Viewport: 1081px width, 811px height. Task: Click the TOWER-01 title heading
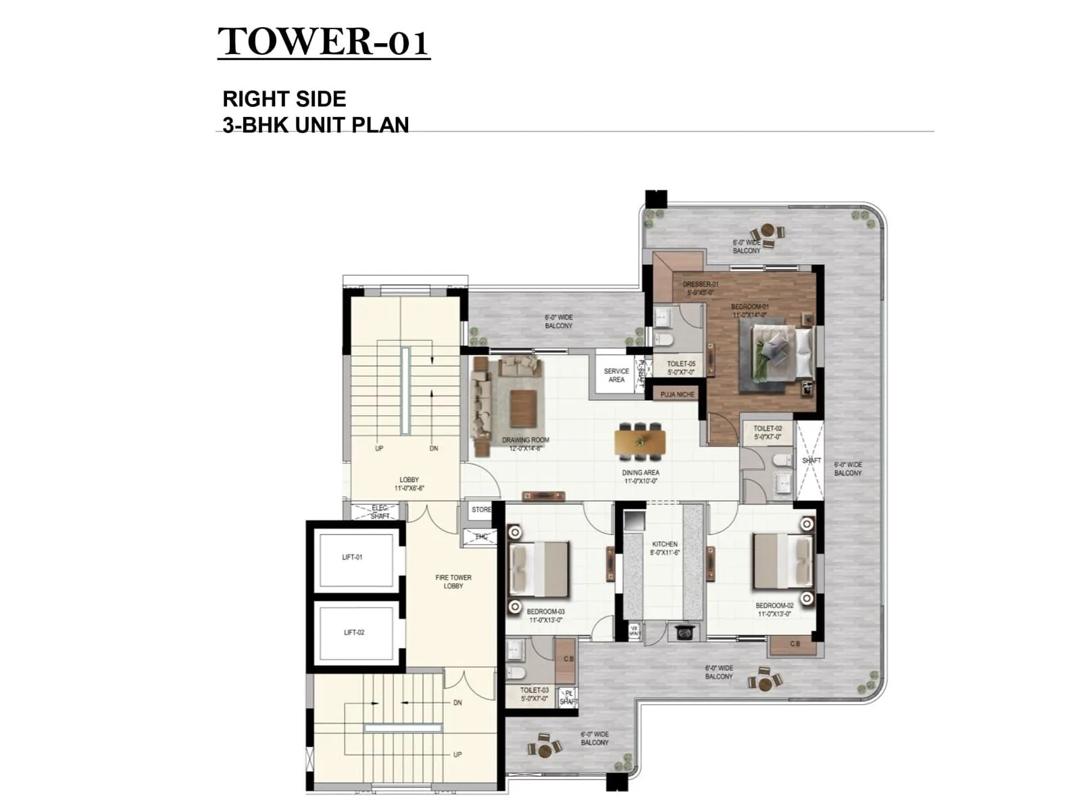pos(324,42)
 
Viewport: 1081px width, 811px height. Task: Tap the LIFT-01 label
pos(352,558)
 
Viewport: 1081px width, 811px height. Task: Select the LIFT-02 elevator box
pos(355,633)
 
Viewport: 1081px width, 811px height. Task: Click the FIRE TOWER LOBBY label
pos(453,582)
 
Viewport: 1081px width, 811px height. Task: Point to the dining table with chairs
pos(640,441)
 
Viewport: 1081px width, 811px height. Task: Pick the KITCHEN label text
pos(665,544)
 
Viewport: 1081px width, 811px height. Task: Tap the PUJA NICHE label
pos(677,394)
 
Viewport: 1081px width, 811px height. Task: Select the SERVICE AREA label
pos(616,375)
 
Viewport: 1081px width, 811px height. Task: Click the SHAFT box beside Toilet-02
pos(811,460)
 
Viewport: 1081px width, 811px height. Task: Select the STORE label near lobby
pos(482,510)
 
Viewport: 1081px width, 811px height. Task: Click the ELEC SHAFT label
pos(380,512)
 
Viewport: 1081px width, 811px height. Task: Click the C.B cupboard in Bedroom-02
pos(795,645)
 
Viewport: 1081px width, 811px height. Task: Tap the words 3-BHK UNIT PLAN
pos(316,125)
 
